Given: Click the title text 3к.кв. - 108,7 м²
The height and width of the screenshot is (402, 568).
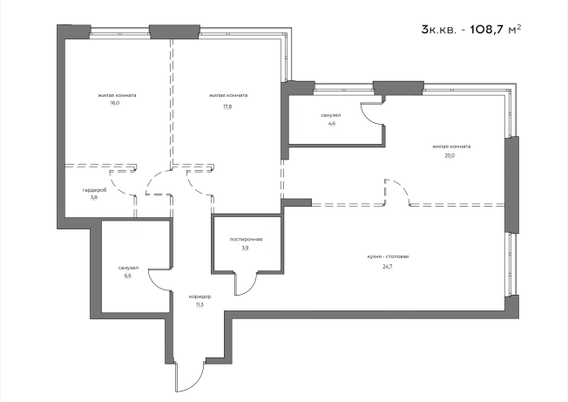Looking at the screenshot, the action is (471, 29).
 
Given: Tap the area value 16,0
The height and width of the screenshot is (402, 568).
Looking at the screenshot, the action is (115, 103).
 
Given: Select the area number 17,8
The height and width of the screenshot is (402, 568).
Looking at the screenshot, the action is (227, 107).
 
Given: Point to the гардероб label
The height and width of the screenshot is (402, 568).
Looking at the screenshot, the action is (95, 190).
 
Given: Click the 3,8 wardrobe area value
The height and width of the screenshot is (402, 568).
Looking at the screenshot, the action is (94, 198).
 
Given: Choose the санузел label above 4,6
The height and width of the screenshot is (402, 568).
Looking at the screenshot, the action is (331, 115).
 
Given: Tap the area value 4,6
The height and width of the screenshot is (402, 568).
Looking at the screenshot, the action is (331, 123).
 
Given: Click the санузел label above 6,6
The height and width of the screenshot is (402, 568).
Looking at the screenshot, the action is (128, 268).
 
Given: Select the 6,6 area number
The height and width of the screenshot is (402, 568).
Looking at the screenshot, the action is (127, 276).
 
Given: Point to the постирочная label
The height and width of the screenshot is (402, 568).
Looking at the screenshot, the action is (246, 239).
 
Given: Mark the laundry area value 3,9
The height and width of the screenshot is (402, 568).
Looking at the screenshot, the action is (246, 249).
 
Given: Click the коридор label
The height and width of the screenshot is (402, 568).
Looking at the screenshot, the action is (199, 296).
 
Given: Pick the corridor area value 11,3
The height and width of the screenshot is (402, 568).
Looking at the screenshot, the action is (199, 305).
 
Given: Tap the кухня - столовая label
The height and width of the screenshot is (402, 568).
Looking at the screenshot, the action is (388, 256).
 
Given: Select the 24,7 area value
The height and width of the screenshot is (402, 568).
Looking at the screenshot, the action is (388, 267).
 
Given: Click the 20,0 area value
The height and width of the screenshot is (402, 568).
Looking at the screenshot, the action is (450, 155).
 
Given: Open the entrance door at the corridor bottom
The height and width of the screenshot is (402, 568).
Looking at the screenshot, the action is (191, 377).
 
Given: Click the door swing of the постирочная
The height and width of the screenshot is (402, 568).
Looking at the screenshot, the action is (247, 283).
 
